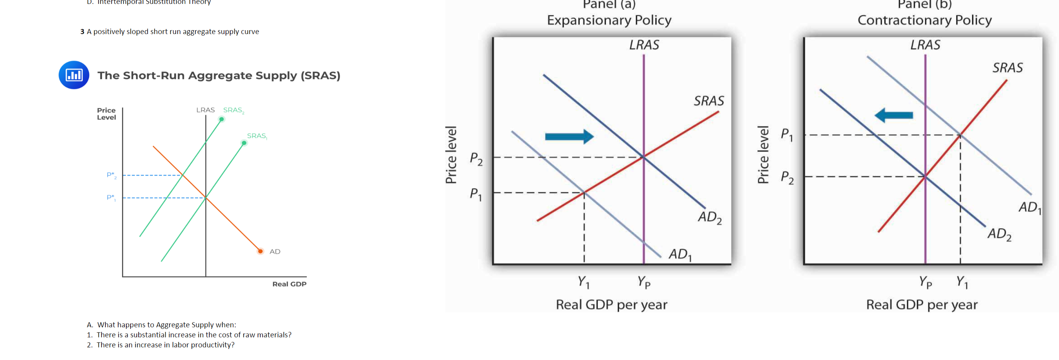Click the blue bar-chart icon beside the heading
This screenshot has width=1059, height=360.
[x=74, y=75]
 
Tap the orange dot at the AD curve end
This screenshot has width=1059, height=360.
[x=260, y=251]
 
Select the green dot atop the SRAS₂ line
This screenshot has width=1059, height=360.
[x=222, y=119]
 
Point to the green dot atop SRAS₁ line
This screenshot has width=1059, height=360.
[x=244, y=143]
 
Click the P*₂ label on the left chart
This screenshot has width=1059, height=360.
[x=111, y=175]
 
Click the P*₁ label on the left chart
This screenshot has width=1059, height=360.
[x=111, y=198]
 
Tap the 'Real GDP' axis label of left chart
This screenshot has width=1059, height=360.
[x=289, y=284]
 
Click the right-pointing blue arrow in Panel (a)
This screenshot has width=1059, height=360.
[x=569, y=136]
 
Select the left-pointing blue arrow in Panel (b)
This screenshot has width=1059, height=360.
[x=894, y=115]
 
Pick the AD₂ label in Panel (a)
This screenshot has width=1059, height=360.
[x=709, y=217]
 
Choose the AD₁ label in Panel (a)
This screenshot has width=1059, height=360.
[x=680, y=255]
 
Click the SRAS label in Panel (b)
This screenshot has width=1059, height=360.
[x=1008, y=68]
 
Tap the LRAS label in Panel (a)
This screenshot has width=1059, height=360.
[x=644, y=45]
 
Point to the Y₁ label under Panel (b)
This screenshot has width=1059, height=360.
[x=962, y=282]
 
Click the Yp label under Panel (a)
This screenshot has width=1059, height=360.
[x=644, y=282]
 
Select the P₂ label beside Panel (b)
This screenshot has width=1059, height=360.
[x=787, y=178]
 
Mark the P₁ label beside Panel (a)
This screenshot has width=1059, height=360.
[x=476, y=194]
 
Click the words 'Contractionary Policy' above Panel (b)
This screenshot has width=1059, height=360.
[x=925, y=20]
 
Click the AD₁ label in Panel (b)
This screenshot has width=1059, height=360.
[x=1030, y=207]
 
